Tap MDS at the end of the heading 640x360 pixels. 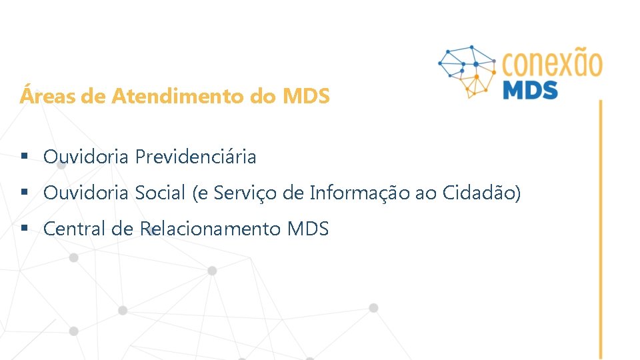tap(306, 97)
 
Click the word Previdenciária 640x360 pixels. tap(195, 157)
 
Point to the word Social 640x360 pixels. tap(160, 193)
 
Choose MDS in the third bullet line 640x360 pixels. tap(308, 229)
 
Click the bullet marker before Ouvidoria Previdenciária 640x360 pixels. tap(24, 157)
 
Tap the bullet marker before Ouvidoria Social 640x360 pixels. tap(24, 193)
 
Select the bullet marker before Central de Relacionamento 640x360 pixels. tap(24, 229)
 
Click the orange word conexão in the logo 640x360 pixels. tap(551, 65)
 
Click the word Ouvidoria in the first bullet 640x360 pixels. tap(86, 157)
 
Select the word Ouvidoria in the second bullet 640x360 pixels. tap(86, 193)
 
